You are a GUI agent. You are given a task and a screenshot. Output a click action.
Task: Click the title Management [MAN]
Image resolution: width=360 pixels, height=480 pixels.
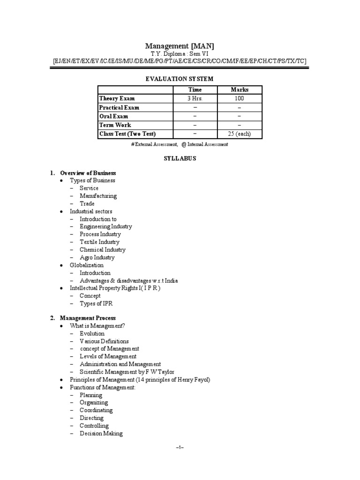click(x=180, y=46)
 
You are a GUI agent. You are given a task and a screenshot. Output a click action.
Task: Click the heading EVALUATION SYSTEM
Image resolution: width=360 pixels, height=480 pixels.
click(x=180, y=79)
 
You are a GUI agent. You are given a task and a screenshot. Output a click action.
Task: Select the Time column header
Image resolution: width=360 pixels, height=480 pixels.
click(x=195, y=90)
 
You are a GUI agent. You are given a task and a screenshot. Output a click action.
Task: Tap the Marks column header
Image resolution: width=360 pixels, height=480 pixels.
click(x=240, y=90)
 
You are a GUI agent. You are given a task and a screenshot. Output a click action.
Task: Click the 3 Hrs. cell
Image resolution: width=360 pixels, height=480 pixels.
click(x=195, y=98)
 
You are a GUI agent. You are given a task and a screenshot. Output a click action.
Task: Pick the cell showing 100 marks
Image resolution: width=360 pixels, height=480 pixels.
click(x=240, y=98)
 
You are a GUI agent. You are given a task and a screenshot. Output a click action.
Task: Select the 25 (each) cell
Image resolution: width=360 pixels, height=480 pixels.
click(x=240, y=134)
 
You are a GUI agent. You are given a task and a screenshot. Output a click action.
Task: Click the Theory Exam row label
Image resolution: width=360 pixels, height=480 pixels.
click(x=117, y=98)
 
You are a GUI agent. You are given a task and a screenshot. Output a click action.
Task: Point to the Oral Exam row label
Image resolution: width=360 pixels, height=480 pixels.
click(x=113, y=116)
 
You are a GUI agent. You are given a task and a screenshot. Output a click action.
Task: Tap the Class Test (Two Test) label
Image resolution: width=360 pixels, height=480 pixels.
click(x=128, y=134)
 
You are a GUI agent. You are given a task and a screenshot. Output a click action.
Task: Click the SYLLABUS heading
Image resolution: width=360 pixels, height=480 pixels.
click(x=180, y=158)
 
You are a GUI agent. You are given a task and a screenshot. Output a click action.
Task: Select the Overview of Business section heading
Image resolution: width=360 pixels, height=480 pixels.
click(x=88, y=173)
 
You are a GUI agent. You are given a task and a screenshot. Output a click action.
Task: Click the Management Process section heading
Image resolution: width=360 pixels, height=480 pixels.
click(x=88, y=318)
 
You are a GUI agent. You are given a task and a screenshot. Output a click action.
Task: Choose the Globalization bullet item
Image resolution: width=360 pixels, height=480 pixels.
click(x=87, y=265)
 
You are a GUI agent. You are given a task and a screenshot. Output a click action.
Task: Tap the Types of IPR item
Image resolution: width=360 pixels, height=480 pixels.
click(x=96, y=304)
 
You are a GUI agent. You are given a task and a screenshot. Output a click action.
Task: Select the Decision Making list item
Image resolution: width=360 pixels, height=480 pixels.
click(x=101, y=434)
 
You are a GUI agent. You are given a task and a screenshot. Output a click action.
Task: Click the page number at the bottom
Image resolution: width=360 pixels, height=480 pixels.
click(x=180, y=448)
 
